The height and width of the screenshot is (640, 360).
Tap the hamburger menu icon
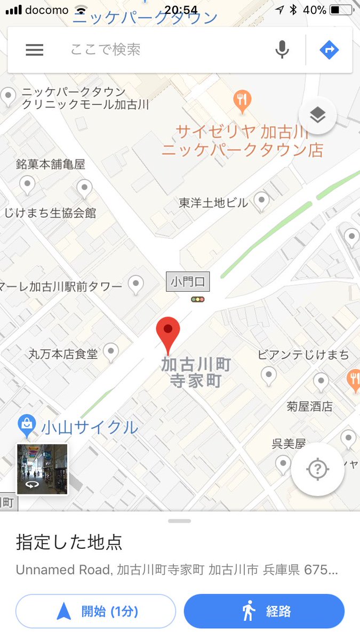(35, 50)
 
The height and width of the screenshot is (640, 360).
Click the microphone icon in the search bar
(282, 50)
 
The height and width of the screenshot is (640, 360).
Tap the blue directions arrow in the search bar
(329, 50)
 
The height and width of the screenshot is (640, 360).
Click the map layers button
(317, 115)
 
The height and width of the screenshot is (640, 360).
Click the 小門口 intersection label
(188, 281)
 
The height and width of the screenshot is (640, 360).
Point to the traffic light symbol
(198, 300)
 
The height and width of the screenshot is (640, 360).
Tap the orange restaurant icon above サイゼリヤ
(242, 100)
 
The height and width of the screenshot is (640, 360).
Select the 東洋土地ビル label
(213, 203)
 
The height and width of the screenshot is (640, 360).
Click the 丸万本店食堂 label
(63, 354)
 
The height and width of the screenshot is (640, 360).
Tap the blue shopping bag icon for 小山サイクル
(26, 425)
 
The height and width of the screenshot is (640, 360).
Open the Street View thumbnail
(43, 469)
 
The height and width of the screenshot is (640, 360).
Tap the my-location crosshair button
(317, 469)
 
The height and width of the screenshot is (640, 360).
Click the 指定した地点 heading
(69, 542)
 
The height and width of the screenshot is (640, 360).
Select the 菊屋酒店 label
(309, 406)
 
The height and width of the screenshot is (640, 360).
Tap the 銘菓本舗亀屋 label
(51, 164)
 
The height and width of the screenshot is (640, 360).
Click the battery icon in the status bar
(341, 10)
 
